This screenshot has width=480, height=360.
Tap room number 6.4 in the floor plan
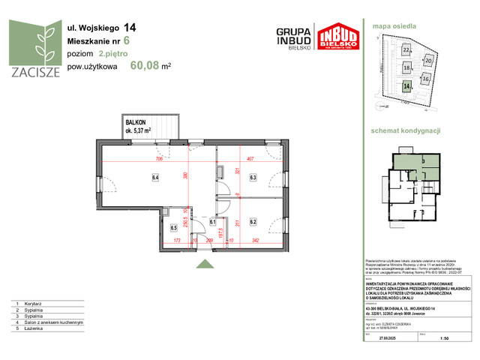(x=156, y=178)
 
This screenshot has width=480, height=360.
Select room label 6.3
(x=253, y=178)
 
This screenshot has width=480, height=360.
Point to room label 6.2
(x=253, y=221)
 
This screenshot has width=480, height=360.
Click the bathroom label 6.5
(x=173, y=227)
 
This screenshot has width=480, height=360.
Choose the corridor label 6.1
(x=213, y=222)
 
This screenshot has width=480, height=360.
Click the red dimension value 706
(x=158, y=159)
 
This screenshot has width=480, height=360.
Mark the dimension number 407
(x=252, y=159)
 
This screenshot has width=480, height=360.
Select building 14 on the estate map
(x=406, y=86)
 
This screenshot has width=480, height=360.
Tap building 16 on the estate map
(x=425, y=77)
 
